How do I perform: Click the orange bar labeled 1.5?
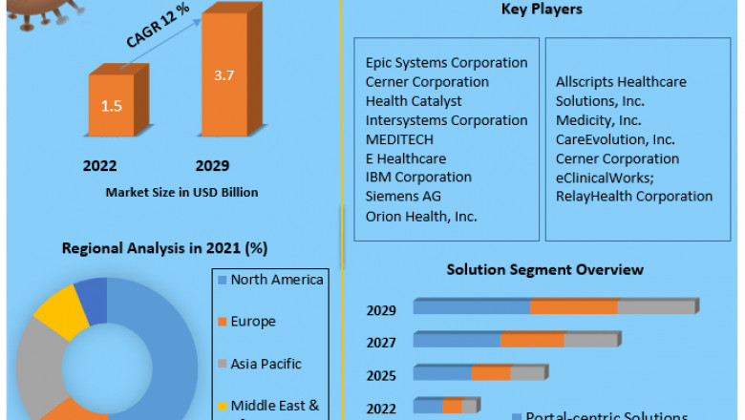coord(111,106)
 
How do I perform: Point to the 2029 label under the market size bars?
coord(211,165)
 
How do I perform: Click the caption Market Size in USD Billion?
coord(181,192)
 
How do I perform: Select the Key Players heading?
coord(542,10)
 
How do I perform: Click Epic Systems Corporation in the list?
coord(446,63)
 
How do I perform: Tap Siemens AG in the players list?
coord(403,197)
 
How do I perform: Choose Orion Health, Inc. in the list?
coord(420,216)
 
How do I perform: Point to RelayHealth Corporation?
coord(634,197)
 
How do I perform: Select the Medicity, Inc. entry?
coord(598,120)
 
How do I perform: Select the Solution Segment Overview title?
coord(544,270)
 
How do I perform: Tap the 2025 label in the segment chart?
coord(381,375)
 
